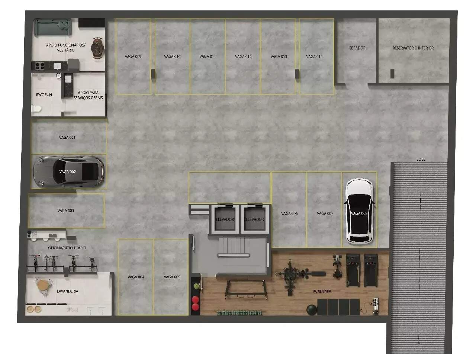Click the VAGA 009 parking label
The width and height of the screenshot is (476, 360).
click(x=133, y=57)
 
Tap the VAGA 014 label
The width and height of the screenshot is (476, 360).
click(x=314, y=57)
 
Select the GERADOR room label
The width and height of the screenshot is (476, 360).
click(x=357, y=48)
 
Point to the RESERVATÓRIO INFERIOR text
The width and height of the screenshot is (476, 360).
click(x=413, y=48)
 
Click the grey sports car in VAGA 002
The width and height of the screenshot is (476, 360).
click(x=68, y=171)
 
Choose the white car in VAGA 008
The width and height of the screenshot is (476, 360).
click(x=359, y=212)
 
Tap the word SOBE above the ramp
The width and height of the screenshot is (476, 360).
click(x=421, y=159)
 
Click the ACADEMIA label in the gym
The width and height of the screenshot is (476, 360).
click(x=322, y=291)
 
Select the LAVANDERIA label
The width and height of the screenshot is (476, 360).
click(x=67, y=291)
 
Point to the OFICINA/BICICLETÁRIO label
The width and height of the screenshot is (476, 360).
click(x=67, y=248)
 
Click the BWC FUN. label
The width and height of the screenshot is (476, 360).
click(x=44, y=95)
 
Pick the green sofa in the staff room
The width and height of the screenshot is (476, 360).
click(x=53, y=27)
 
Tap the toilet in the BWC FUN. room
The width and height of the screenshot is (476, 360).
click(x=36, y=108)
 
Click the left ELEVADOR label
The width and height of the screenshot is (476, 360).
click(x=225, y=219)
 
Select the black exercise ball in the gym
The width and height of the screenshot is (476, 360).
click(x=312, y=310)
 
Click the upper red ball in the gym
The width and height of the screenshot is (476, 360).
click(x=195, y=300)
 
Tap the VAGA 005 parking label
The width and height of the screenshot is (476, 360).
click(x=172, y=277)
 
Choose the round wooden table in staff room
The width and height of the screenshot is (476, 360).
click(x=97, y=48)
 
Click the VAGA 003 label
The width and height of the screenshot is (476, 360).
click(x=65, y=210)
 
